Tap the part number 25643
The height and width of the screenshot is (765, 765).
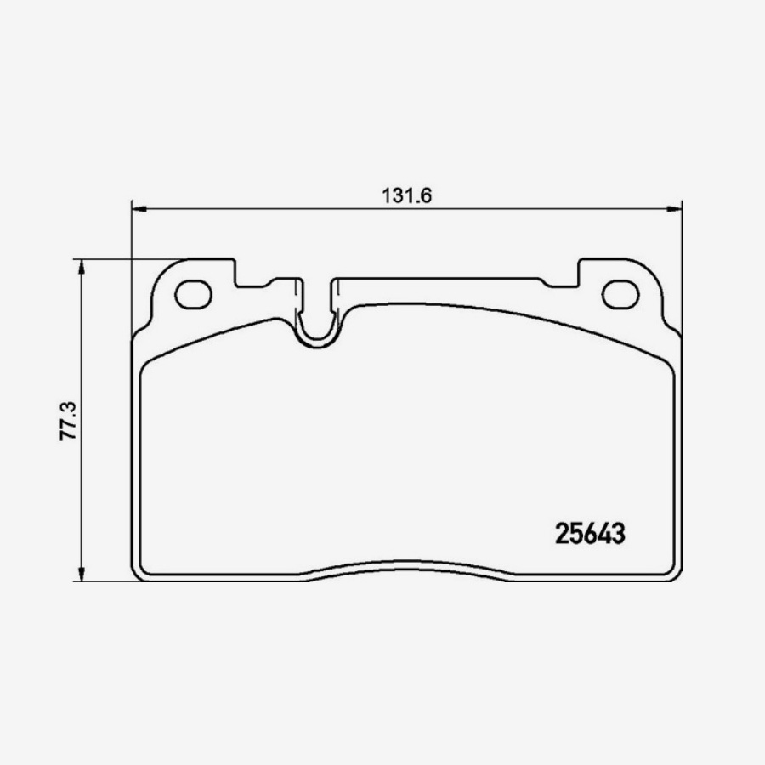[x=591, y=533]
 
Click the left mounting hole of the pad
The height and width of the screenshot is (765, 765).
[x=192, y=294]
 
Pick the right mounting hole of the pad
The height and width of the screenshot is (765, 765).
[x=620, y=294]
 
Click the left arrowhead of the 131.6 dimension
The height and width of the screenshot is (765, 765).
[x=139, y=207]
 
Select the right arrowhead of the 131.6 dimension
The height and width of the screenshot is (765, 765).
[x=675, y=207]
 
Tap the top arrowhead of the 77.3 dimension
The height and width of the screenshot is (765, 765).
[x=82, y=267]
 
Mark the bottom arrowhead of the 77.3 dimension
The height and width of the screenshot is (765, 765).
[x=82, y=575]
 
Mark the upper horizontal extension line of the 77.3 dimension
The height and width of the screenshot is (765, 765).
[x=127, y=259]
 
